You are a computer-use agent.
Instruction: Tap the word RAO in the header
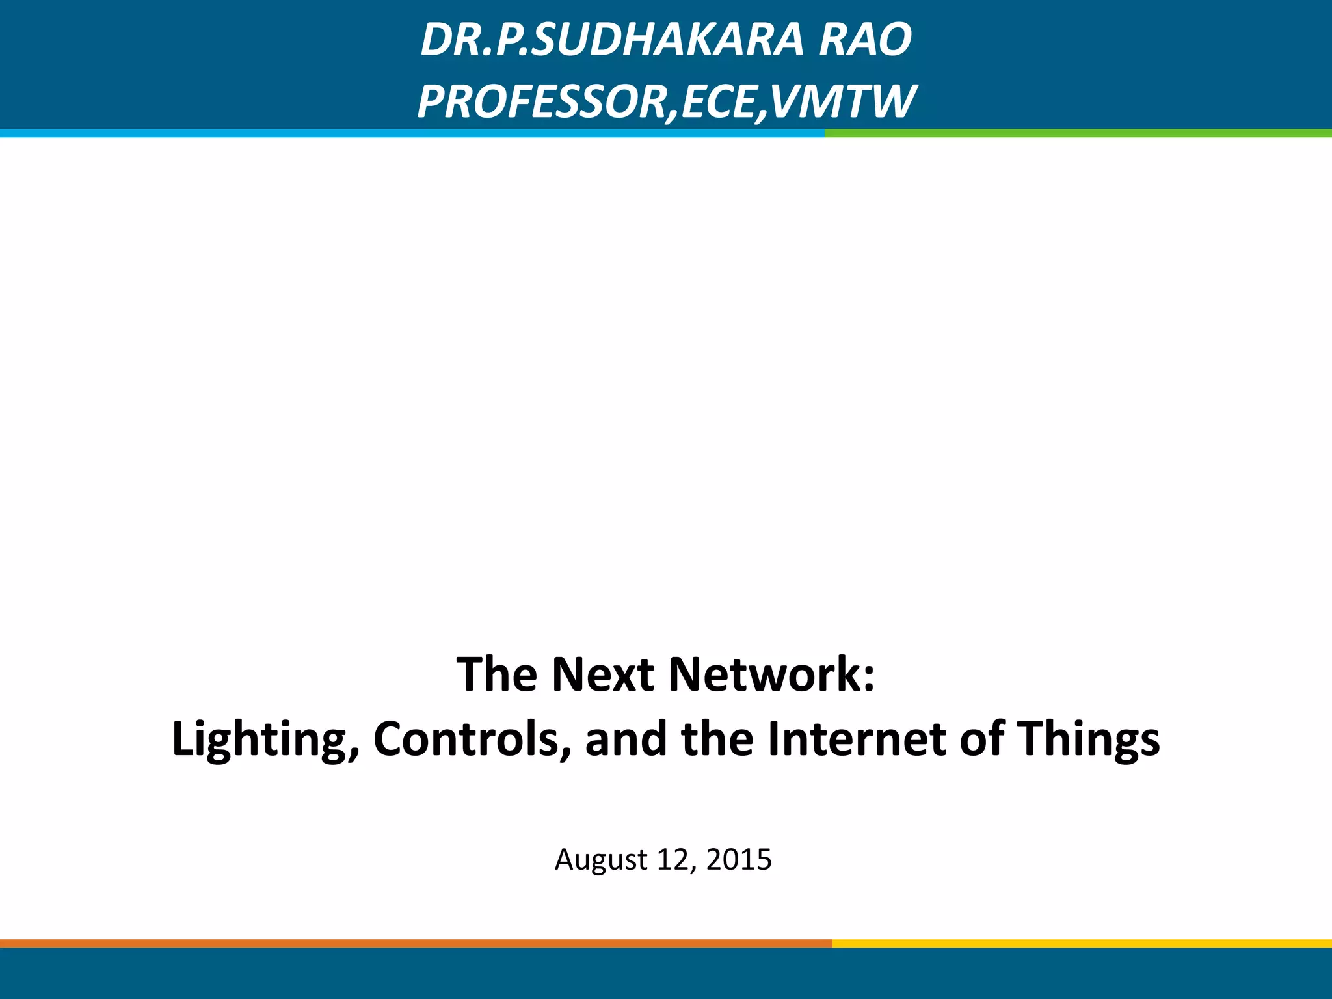(x=865, y=40)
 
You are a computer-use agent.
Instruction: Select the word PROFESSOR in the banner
(x=543, y=102)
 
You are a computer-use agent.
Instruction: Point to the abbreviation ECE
(x=719, y=102)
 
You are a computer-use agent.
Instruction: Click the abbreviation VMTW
(x=842, y=102)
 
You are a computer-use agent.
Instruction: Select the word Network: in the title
(x=771, y=674)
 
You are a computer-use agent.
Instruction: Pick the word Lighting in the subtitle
(x=263, y=739)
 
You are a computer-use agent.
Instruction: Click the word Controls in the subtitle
(x=472, y=739)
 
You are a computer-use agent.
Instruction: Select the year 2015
(x=739, y=860)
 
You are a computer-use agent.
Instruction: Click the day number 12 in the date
(x=672, y=860)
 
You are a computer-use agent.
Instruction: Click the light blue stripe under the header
(x=410, y=133)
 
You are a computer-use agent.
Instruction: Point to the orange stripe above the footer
(x=416, y=943)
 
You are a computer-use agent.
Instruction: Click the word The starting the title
(x=496, y=674)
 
